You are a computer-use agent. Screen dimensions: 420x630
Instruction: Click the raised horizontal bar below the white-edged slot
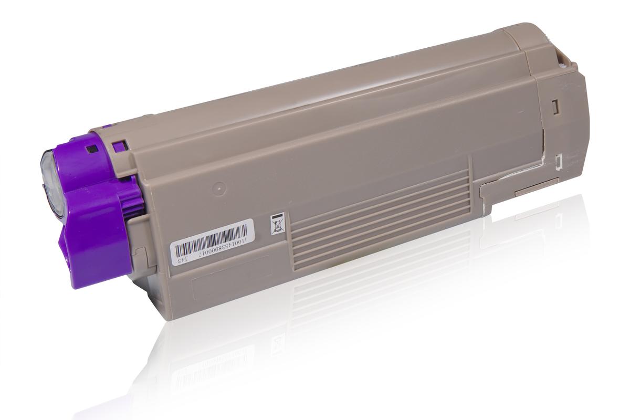(x=535, y=188)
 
